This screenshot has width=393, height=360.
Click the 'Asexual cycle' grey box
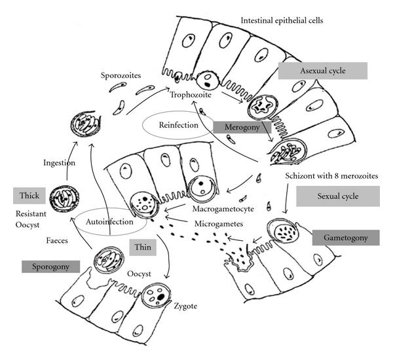coord(322,71)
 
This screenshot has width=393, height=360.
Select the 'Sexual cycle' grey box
coord(337,196)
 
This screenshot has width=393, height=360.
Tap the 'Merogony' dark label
coord(239,126)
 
